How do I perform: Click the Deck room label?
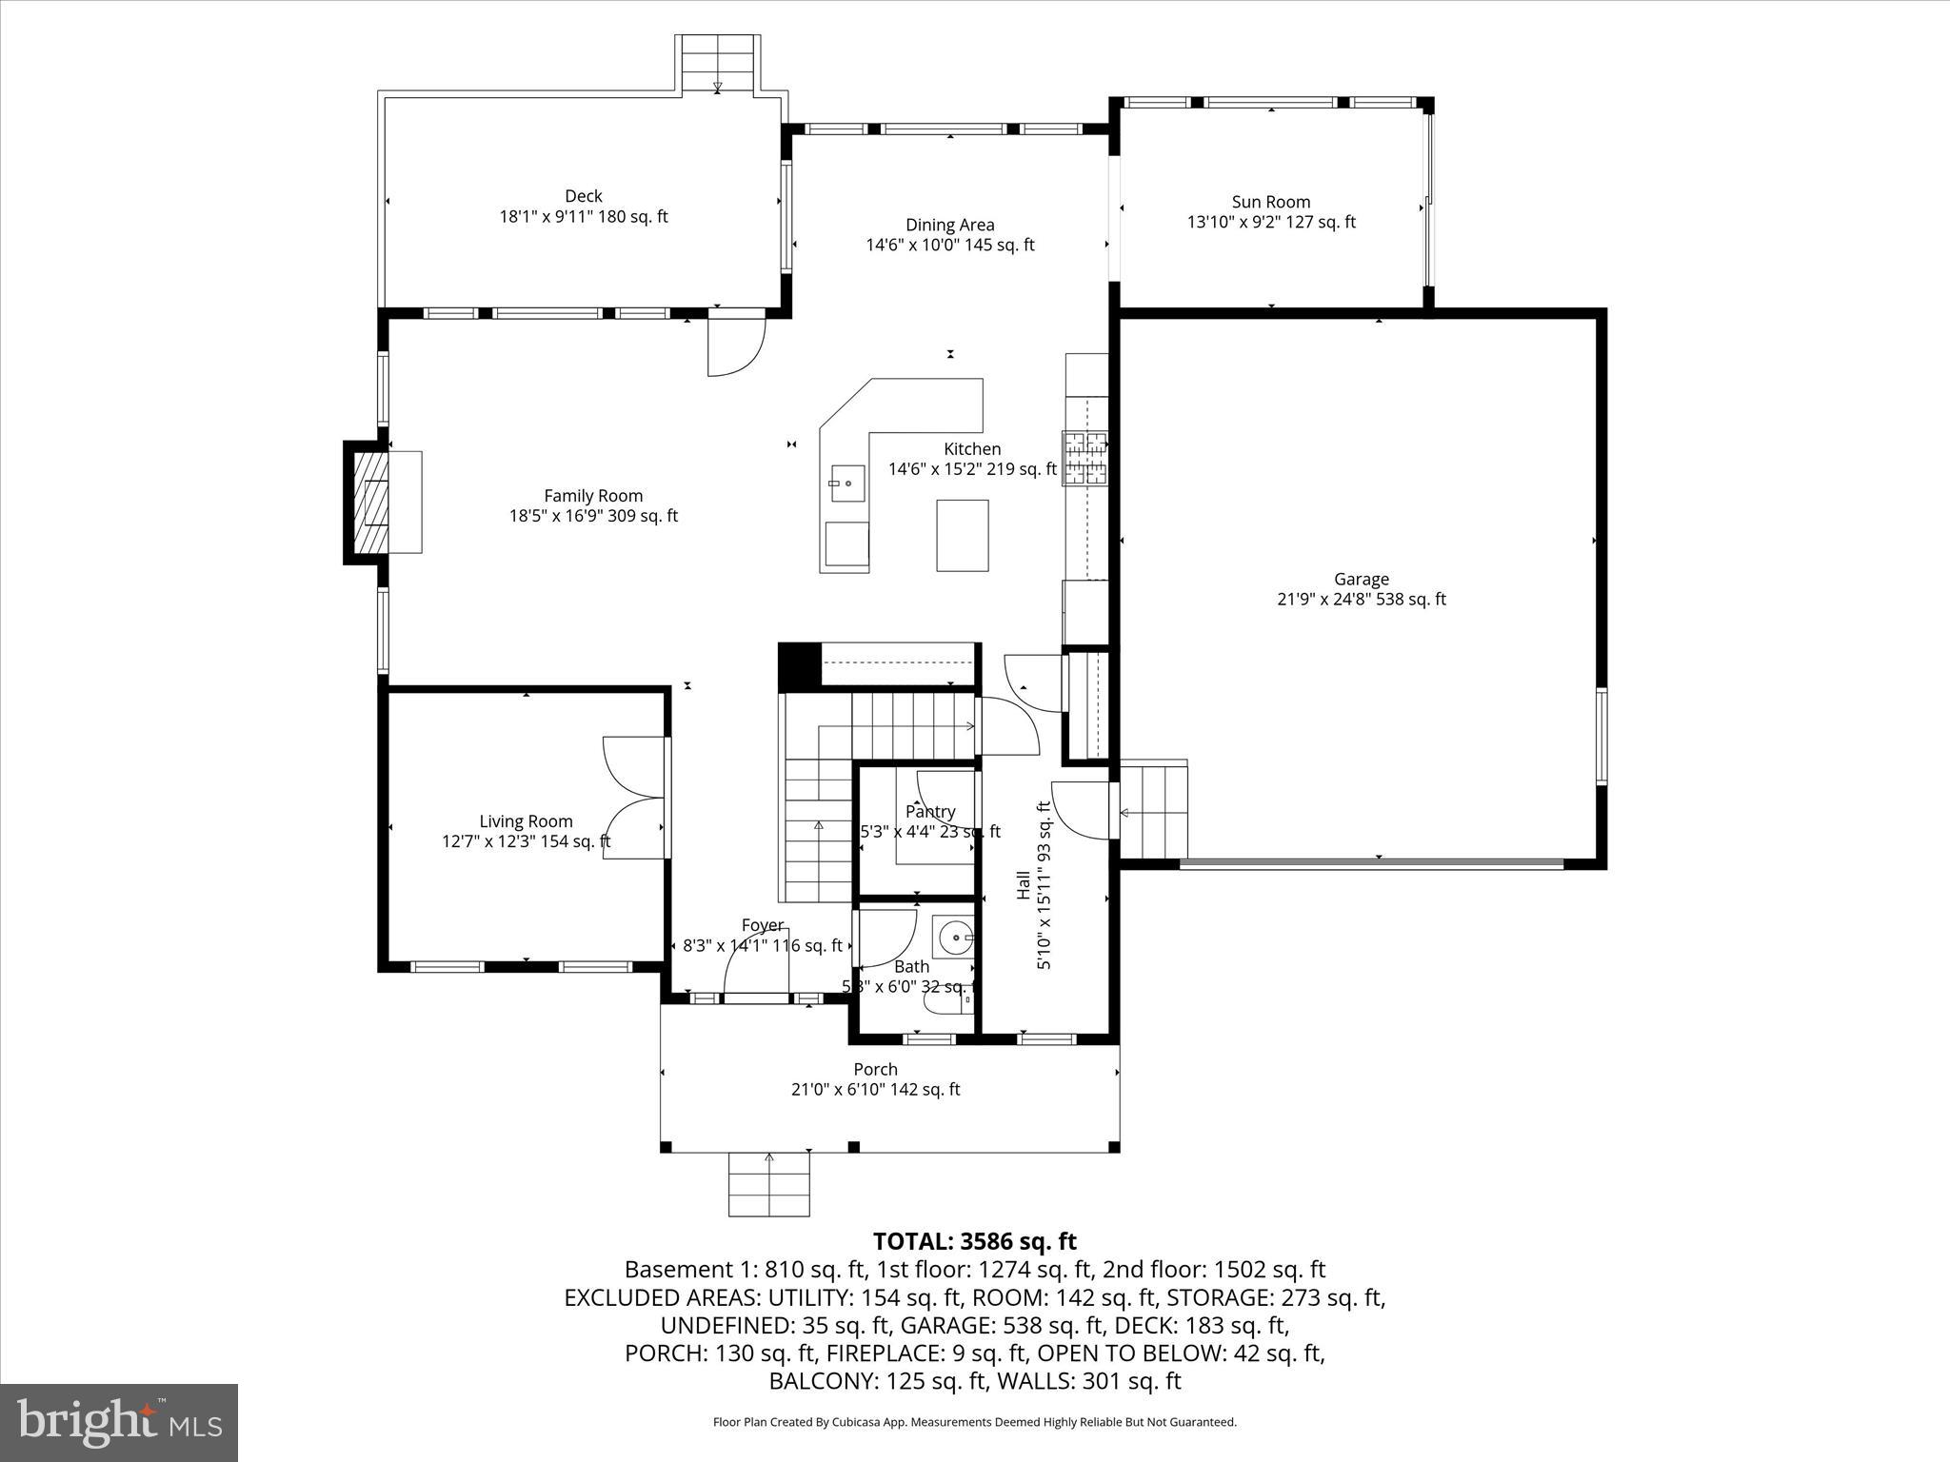583,197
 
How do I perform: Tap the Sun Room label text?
1270,202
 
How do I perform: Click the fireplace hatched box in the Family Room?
371,503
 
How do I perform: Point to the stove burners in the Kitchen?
1085,458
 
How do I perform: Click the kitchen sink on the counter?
846,484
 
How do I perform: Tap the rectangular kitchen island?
962,535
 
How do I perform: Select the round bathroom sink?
954,938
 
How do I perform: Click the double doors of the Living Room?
636,798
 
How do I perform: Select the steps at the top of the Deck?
718,65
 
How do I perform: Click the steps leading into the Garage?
1154,812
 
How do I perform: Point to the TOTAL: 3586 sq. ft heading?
974,1241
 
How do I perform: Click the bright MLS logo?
119,1422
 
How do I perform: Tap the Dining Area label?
949,225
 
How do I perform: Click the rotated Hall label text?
1023,884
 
